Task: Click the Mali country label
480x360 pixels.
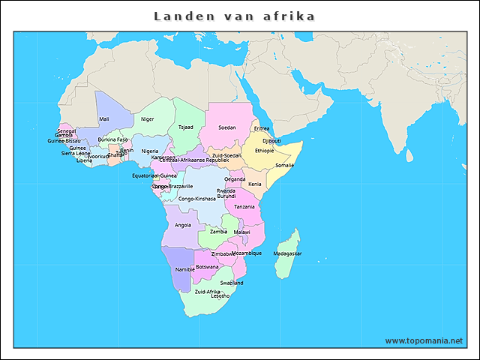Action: pos(103,119)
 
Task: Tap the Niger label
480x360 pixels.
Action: pos(147,119)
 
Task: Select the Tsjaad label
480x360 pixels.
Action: pos(185,127)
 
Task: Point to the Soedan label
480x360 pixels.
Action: pos(226,127)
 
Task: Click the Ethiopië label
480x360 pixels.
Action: pos(265,151)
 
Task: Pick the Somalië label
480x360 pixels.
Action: pos(285,165)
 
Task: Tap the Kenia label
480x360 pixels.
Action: pos(255,184)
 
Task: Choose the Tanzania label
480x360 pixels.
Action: pos(244,207)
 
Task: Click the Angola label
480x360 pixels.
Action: pos(182,225)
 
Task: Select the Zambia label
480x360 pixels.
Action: pos(218,232)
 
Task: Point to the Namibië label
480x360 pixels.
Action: pos(184,269)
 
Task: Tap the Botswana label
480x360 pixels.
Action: pos(207,267)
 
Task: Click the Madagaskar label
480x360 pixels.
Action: pos(287,253)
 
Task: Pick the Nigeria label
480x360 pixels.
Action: pos(150,151)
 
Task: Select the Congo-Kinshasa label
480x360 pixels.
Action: pos(197,199)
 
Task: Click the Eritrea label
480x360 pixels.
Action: pos(262,128)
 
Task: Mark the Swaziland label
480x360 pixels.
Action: pos(232,283)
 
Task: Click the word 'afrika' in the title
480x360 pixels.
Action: pos(289,16)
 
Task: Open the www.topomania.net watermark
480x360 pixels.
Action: pos(424,340)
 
